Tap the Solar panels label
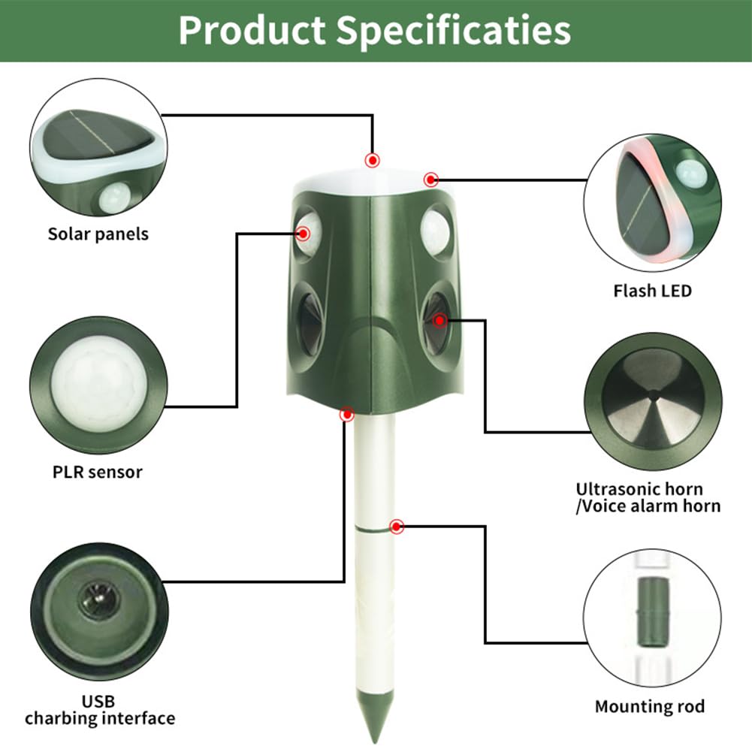(98, 234)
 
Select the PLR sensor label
(98, 472)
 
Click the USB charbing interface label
(99, 709)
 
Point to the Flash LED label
(652, 290)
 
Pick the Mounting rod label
(650, 706)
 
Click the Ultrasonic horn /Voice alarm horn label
(648, 497)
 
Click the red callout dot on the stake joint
(397, 527)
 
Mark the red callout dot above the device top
(372, 160)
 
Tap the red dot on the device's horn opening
(439, 321)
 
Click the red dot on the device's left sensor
(304, 234)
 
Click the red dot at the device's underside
(347, 414)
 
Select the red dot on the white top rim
(430, 180)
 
